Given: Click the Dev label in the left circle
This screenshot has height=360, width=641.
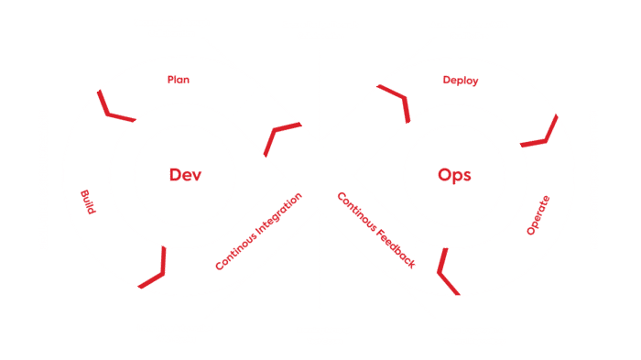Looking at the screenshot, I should (x=185, y=174).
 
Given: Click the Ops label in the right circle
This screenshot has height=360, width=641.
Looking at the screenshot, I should (x=455, y=174).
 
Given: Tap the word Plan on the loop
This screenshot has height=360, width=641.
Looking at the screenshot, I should (x=178, y=80).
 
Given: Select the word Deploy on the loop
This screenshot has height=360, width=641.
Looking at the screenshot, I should (x=461, y=81).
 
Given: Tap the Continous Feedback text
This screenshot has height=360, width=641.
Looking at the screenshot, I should (x=375, y=230).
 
